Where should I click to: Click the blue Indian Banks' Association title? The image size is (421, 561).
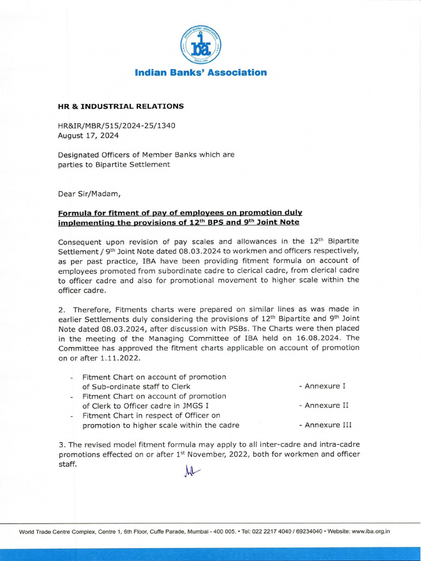tap(201, 72)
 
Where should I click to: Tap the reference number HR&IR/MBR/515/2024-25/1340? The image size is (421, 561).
tap(117, 125)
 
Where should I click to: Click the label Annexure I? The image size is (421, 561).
tap(322, 386)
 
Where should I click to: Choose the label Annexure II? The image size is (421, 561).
tap(324, 405)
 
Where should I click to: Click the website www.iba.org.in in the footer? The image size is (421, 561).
tap(371, 531)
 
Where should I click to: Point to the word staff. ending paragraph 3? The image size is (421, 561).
tap(68, 463)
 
